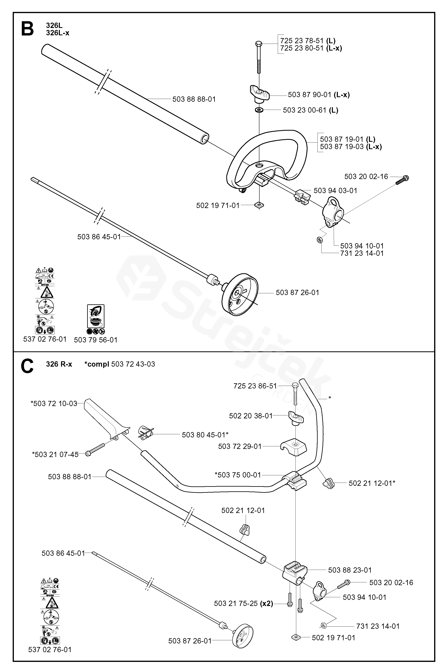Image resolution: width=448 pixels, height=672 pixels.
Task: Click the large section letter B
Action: pyautogui.click(x=27, y=29)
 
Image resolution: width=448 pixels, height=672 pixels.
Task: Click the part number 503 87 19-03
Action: pyautogui.click(x=341, y=147)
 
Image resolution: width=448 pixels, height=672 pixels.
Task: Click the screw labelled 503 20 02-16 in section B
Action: pyautogui.click(x=402, y=180)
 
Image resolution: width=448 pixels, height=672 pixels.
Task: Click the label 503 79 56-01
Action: pyautogui.click(x=96, y=340)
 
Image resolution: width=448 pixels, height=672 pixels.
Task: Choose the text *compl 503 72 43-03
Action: pyautogui.click(x=120, y=364)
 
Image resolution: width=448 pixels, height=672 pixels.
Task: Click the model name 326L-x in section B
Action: pyautogui.click(x=57, y=33)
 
